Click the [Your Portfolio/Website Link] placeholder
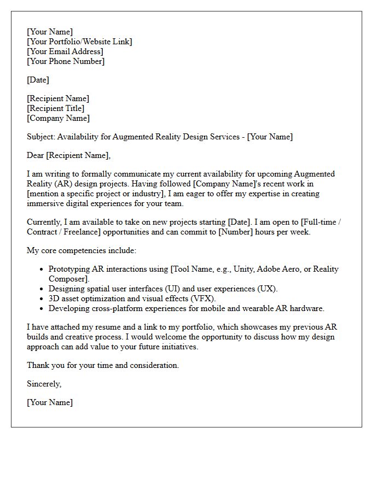(79, 42)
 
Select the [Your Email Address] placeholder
(65, 51)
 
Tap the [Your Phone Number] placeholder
(66, 61)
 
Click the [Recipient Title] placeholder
(56, 108)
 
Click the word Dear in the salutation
(36, 155)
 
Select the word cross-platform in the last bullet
(113, 308)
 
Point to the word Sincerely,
(44, 384)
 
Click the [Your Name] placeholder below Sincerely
(50, 402)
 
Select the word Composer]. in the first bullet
(67, 279)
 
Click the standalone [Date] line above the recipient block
(38, 80)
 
